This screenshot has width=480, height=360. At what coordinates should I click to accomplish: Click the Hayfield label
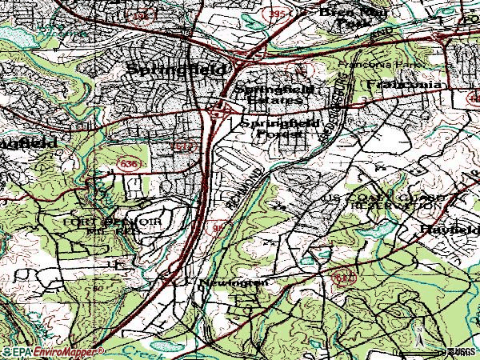point(449,230)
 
